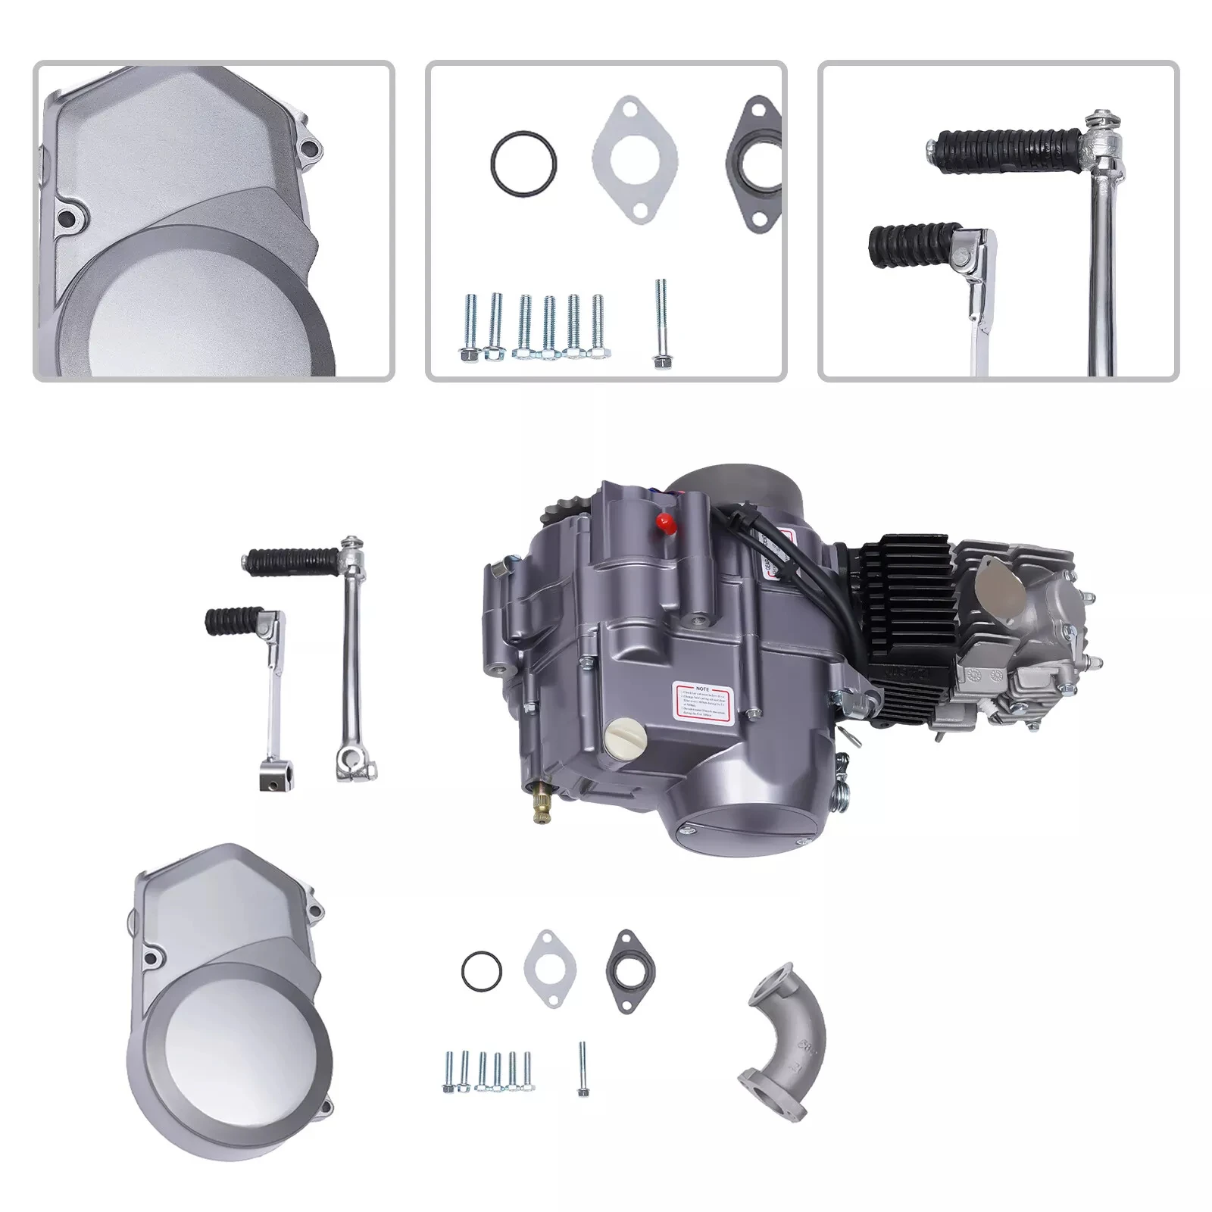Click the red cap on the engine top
pyautogui.click(x=666, y=521)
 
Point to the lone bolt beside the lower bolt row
pyautogui.click(x=582, y=1068)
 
